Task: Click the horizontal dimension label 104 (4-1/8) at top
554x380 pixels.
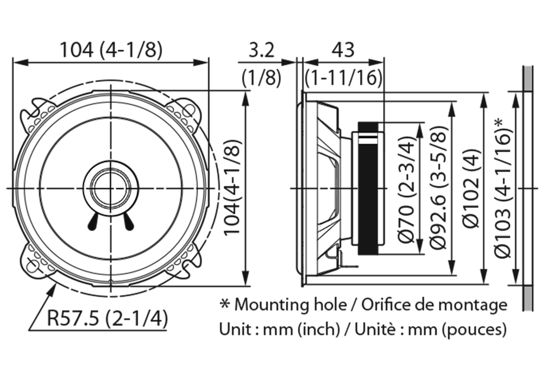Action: pyautogui.click(x=111, y=49)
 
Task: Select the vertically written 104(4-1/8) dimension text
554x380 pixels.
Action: pyautogui.click(x=233, y=188)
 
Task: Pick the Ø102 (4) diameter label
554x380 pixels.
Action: pyautogui.click(x=471, y=188)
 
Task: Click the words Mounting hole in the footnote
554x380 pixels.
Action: pyautogui.click(x=290, y=304)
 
